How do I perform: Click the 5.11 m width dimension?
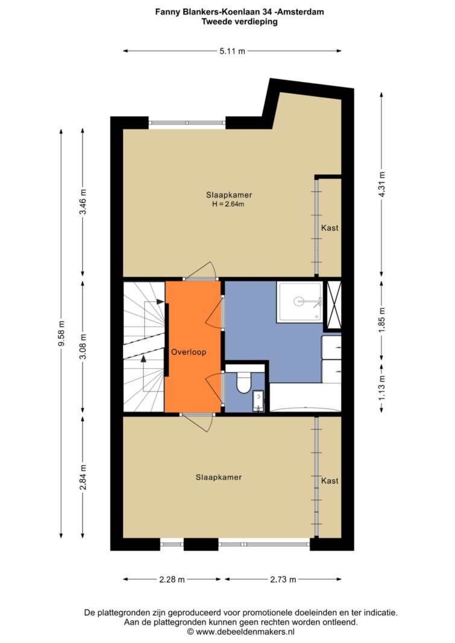click(x=233, y=51)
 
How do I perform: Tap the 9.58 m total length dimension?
click(x=61, y=333)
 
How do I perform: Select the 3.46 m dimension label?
click(x=83, y=202)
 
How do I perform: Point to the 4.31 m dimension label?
click(x=381, y=184)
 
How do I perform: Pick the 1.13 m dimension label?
click(x=381, y=387)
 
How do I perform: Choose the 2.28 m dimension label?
click(x=172, y=580)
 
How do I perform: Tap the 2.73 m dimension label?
click(x=283, y=580)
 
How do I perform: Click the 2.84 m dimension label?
click(x=83, y=477)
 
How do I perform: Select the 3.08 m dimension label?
click(x=83, y=346)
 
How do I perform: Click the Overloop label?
click(x=189, y=352)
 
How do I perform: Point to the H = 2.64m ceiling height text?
click(x=228, y=204)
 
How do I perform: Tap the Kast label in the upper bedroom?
click(x=330, y=228)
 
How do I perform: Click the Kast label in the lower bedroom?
click(x=330, y=481)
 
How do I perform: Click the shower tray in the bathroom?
click(x=300, y=302)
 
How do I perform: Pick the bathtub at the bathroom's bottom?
click(x=305, y=398)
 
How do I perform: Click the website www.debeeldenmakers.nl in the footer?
click(x=245, y=632)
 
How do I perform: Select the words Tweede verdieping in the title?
click(x=239, y=22)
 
